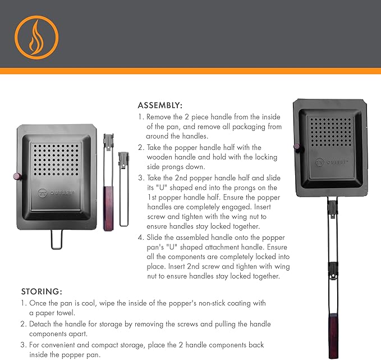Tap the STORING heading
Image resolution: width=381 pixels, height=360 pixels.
click(x=42, y=291)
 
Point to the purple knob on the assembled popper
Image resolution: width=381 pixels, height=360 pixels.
click(x=295, y=147)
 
